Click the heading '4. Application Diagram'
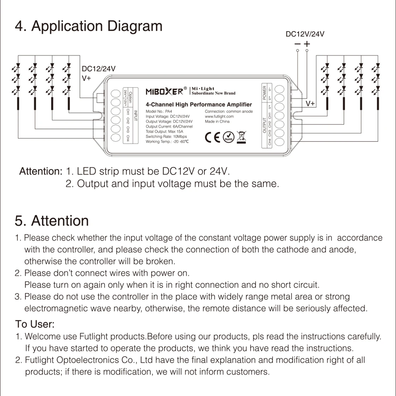[x=89, y=26]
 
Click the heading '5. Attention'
[x=52, y=221]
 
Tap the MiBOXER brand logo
[x=164, y=92]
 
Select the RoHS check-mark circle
[x=229, y=137]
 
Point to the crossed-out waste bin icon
[x=242, y=137]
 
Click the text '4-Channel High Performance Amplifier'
[x=199, y=104]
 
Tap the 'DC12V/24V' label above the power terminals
[x=305, y=34]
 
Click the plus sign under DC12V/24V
[x=307, y=44]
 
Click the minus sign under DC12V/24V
[x=298, y=44]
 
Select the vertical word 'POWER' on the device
[x=265, y=93]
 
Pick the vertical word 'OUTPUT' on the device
[x=265, y=126]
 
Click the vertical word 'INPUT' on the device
[x=135, y=115]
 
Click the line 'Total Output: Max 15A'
[x=164, y=132]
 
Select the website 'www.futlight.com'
[x=219, y=116]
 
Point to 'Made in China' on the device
[x=217, y=121]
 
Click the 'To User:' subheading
[x=35, y=324]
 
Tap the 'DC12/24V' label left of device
[x=98, y=69]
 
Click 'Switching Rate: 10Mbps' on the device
[x=166, y=137]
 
